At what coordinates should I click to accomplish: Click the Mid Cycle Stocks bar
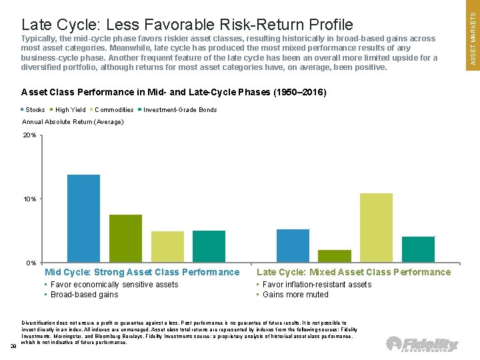tap(83, 218)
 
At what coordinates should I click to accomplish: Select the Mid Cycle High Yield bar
tap(125, 238)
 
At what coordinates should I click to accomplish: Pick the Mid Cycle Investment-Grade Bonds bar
tap(209, 246)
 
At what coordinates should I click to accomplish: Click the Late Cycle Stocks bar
tap(293, 245)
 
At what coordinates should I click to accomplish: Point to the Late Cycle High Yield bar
tap(335, 256)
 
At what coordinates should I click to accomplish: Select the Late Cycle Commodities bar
tap(376, 227)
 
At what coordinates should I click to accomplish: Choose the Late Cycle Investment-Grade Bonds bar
tap(418, 249)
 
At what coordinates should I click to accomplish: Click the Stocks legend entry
tap(34, 110)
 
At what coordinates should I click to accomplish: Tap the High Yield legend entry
tap(69, 110)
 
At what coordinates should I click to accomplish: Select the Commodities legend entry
tap(112, 110)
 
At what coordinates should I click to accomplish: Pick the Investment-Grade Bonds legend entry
tap(178, 110)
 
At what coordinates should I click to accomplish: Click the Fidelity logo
tap(423, 345)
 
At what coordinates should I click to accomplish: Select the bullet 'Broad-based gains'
tap(83, 295)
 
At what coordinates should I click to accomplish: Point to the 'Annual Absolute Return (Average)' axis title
tap(73, 122)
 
